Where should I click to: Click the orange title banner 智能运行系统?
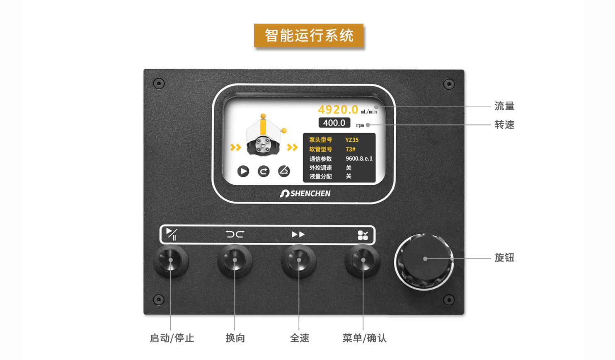point(309,35)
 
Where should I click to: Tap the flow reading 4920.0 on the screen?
point(338,109)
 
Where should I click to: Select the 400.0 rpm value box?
point(334,123)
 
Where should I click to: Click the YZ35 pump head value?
point(352,140)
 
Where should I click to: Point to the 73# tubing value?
point(350,149)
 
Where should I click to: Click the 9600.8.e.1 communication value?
point(359,158)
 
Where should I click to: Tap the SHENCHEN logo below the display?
point(305,193)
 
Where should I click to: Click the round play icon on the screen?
point(243,171)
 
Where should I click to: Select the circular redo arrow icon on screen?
point(264,171)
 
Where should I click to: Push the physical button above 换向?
point(235,260)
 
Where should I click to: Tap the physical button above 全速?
point(299,260)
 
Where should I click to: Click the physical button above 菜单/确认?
point(363,260)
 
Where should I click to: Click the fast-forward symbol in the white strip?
point(298,234)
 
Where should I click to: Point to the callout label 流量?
point(504,106)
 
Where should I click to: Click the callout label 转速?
point(504,125)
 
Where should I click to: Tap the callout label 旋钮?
point(504,258)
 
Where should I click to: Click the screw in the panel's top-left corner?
point(159,83)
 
